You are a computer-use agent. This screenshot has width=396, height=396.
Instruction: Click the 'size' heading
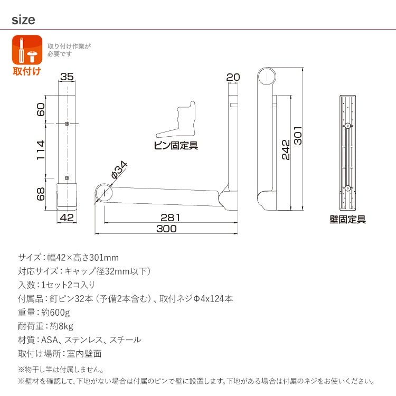coord(23,20)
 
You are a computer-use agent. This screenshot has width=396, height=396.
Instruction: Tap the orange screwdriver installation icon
coord(27,50)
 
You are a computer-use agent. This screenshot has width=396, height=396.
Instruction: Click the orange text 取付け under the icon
coord(27,71)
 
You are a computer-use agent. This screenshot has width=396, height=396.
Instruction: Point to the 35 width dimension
coord(67,77)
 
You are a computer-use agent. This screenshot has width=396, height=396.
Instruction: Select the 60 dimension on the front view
coord(41,109)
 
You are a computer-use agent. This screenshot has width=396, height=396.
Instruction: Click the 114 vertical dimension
coord(41,150)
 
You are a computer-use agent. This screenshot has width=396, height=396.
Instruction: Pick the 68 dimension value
coord(41,194)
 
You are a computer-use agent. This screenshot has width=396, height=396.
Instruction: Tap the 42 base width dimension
coord(67,218)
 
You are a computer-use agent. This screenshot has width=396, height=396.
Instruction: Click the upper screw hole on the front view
coord(67,124)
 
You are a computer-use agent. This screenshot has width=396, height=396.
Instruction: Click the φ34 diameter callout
coord(119,169)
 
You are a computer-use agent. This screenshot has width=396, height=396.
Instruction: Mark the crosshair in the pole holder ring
coord(104,193)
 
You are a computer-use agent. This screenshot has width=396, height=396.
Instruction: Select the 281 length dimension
coord(171,218)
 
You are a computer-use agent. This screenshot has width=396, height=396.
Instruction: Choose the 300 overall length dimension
coord(166,229)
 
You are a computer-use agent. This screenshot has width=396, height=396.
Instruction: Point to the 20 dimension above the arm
coord(233,77)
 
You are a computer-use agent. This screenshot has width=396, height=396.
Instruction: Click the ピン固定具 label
coord(176,146)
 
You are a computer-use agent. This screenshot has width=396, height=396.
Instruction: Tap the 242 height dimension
coord(286,150)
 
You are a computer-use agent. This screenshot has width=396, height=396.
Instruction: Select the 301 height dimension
coord(298,136)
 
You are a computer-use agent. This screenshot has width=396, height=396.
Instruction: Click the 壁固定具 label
coord(347,219)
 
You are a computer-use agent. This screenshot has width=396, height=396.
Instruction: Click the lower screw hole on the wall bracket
coord(347,188)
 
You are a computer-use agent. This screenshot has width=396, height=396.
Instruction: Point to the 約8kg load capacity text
coord(62,326)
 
